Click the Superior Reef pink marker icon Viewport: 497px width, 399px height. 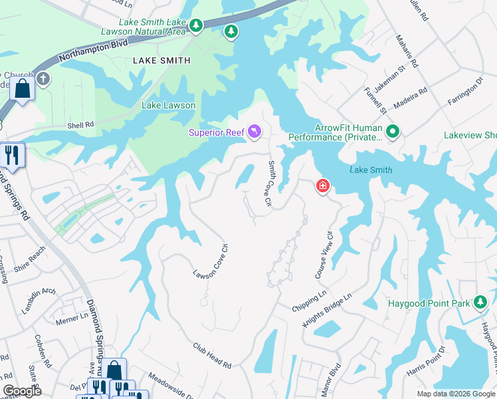254,133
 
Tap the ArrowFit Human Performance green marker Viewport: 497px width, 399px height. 392,132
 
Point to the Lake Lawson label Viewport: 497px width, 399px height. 168,105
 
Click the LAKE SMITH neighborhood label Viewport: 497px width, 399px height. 161,61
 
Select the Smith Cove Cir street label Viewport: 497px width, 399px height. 270,182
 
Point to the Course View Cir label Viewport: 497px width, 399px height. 323,255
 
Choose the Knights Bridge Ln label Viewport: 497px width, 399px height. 327,310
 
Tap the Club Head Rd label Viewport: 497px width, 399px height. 212,356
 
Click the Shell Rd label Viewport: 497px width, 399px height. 80,124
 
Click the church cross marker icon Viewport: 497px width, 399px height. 44,80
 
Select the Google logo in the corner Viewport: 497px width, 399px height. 23,391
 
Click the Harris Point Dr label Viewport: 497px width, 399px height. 425,359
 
